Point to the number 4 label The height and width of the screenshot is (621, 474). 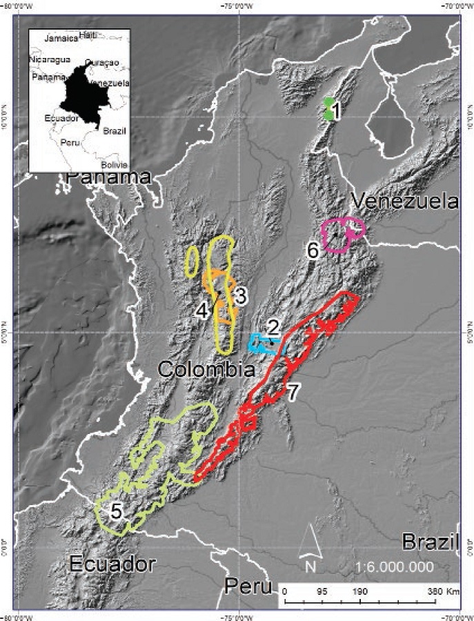201,310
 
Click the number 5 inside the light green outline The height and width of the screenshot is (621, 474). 117,511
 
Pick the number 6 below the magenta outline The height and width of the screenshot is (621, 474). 313,250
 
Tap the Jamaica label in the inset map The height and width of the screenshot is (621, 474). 61,39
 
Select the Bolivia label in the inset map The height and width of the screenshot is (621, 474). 114,165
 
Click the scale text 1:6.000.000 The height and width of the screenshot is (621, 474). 394,566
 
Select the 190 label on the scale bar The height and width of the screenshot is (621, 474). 359,591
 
